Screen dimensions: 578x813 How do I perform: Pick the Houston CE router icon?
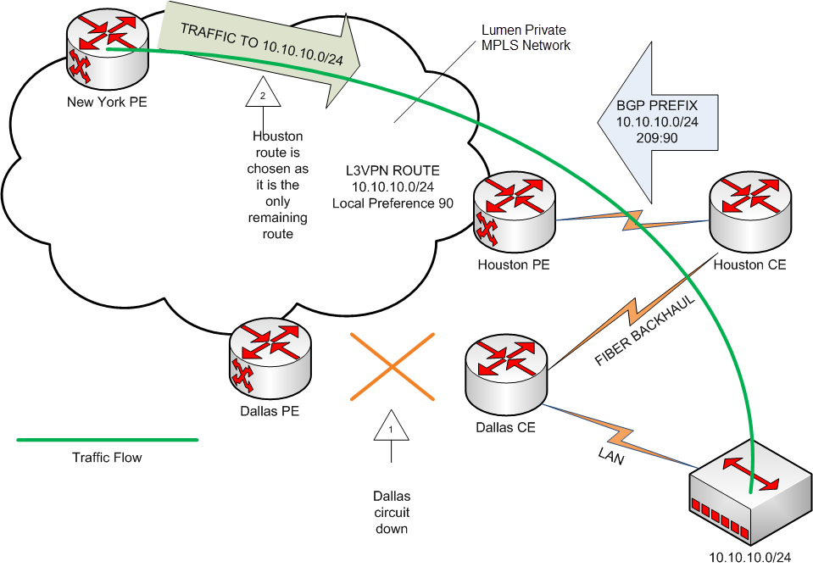pos(749,212)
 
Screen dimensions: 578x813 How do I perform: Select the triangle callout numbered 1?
pos(391,427)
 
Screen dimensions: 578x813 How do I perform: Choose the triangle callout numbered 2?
pos(262,96)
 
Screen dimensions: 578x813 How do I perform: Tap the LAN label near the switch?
pos(610,457)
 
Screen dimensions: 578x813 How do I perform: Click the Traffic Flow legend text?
pos(107,458)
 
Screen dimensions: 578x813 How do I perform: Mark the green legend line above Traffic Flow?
pos(107,440)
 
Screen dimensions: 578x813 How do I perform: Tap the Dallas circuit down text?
pos(391,512)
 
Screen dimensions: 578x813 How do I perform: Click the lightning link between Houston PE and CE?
pos(632,222)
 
